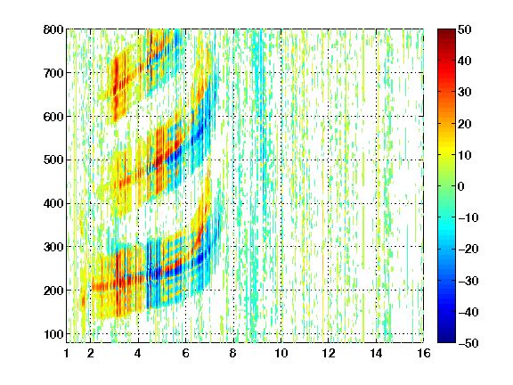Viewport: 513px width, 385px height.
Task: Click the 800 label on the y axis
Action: point(53,29)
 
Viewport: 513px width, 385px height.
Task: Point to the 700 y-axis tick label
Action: point(53,73)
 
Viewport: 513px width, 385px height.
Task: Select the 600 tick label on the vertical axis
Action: point(53,117)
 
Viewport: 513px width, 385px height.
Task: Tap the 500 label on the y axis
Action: point(53,160)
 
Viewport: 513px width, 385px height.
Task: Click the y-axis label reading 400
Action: point(53,203)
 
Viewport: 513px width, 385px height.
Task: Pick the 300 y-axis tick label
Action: point(53,247)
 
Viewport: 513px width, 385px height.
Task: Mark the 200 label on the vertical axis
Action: point(53,291)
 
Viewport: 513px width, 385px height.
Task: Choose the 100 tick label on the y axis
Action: point(53,334)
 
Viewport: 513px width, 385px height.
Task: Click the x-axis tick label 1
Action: point(67,353)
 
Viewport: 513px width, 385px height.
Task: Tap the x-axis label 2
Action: point(91,353)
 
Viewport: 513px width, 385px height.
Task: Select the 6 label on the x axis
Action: point(186,353)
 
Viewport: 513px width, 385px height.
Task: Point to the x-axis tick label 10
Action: point(281,353)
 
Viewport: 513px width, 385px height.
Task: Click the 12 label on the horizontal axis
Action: point(329,353)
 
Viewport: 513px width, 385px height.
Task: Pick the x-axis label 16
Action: point(424,353)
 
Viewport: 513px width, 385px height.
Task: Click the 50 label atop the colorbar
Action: point(465,29)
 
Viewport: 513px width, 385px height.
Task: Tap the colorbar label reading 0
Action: point(461,186)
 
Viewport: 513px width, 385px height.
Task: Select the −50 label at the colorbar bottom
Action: point(468,343)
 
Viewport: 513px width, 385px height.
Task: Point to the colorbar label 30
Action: point(465,92)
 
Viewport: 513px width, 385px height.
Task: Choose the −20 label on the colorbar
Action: point(468,249)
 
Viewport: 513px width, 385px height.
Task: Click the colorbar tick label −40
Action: point(468,312)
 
